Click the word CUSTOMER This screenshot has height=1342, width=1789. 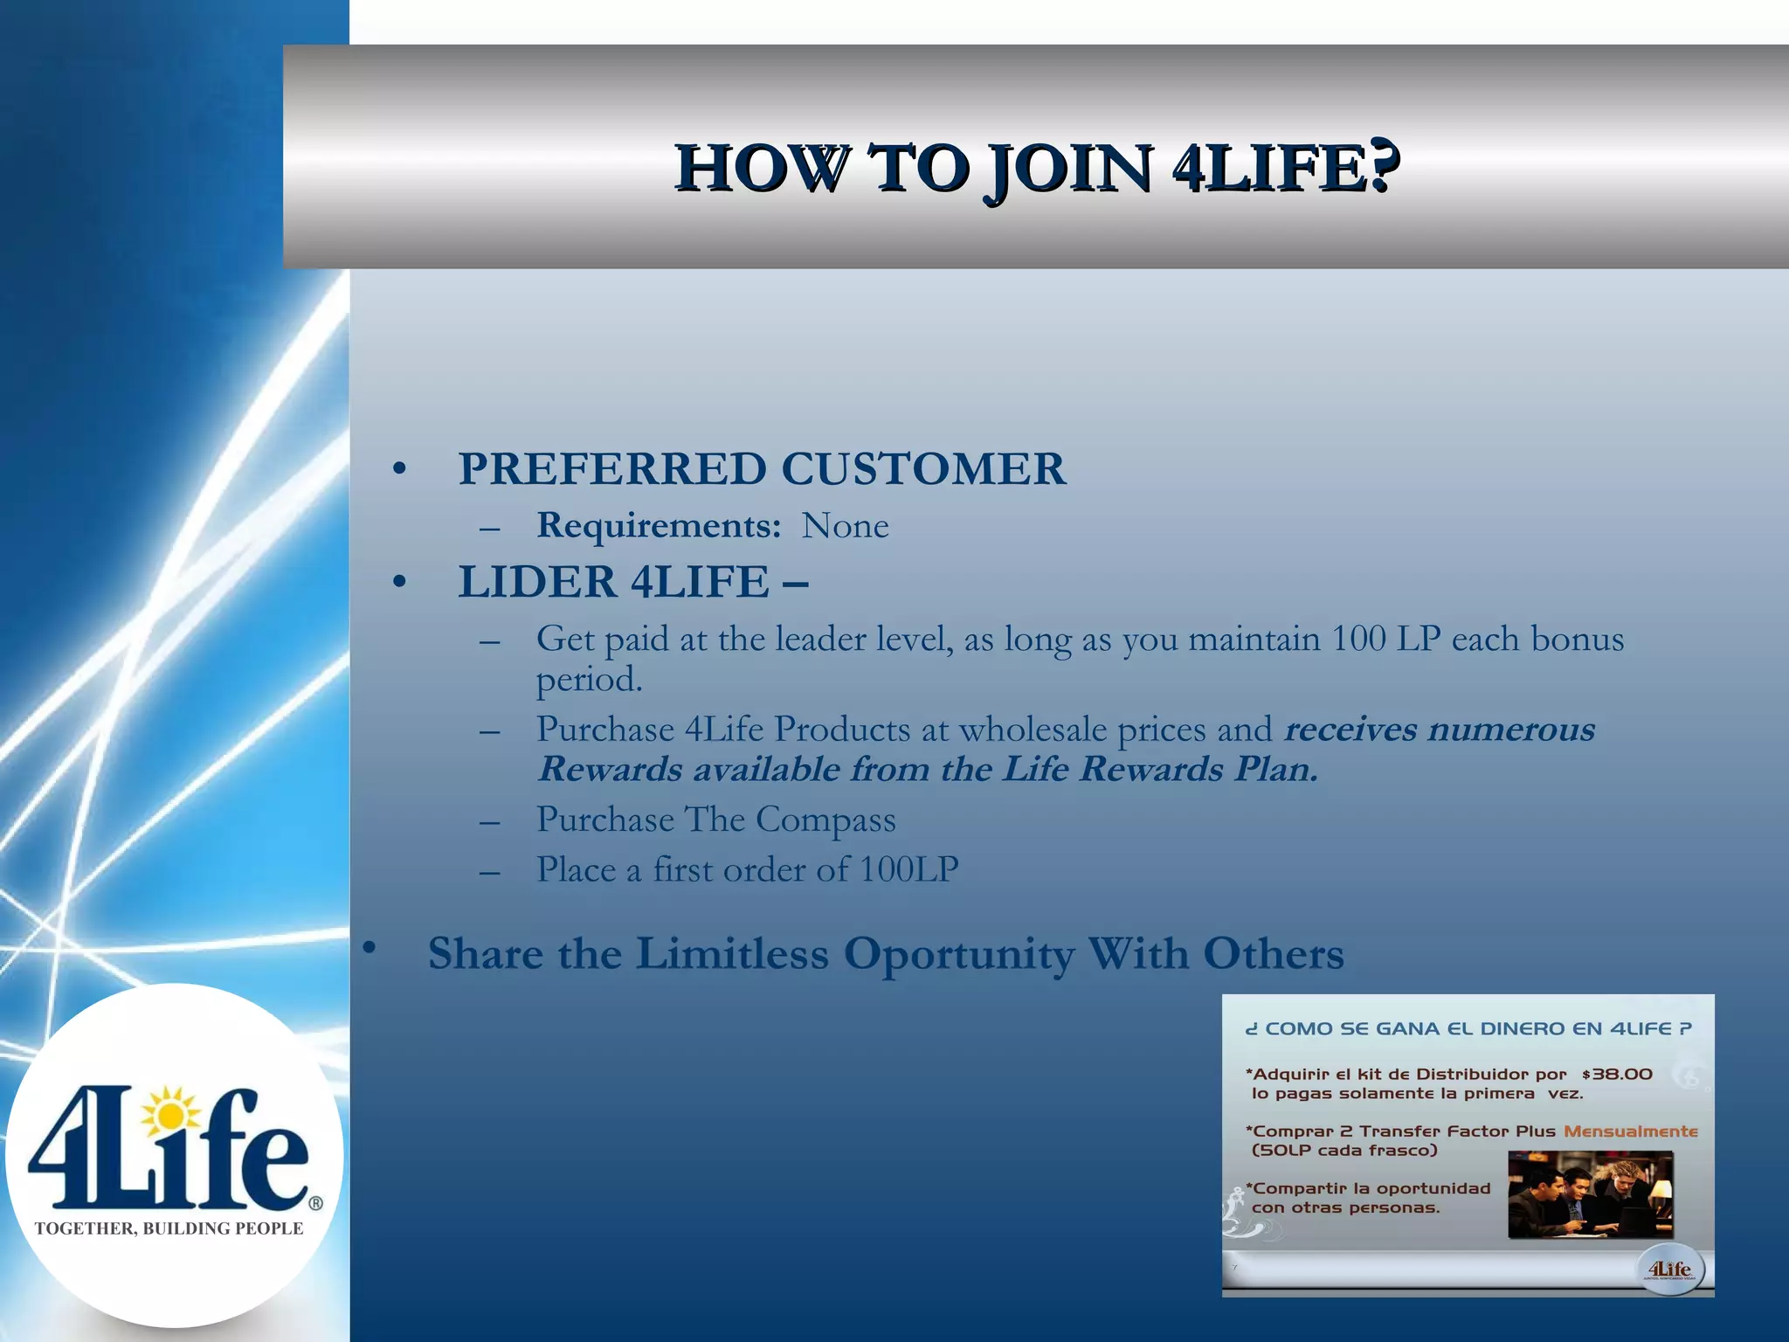[x=923, y=469]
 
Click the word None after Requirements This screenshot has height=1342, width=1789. [x=845, y=526]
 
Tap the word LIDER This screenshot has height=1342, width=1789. [x=537, y=582]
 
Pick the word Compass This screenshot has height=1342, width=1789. [x=825, y=820]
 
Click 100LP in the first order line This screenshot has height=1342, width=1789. [x=908, y=870]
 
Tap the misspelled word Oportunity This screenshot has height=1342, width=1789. [x=958, y=954]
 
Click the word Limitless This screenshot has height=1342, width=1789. [x=731, y=954]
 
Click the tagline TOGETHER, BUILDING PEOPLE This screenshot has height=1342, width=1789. [x=169, y=1228]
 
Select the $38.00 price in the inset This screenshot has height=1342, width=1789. [x=1617, y=1075]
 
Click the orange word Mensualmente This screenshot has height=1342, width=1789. [x=1630, y=1131]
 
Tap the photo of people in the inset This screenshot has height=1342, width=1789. [x=1590, y=1194]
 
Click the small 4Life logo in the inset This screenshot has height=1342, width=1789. [x=1669, y=1269]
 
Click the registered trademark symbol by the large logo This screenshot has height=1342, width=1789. [x=315, y=1203]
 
